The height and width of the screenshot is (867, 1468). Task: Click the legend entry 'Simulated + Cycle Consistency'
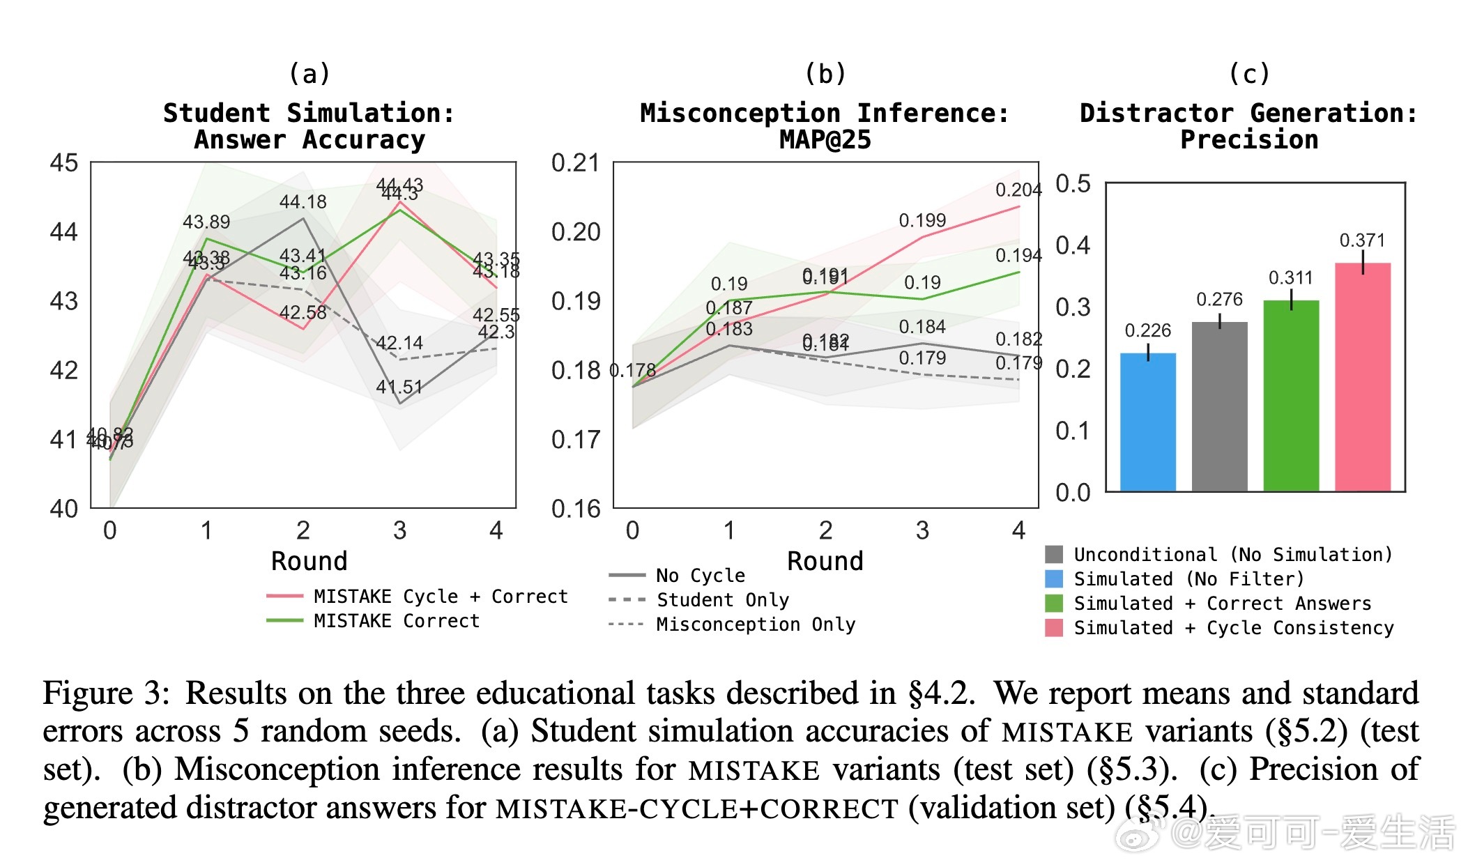[1233, 628]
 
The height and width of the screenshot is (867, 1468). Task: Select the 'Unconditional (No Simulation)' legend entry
[1232, 555]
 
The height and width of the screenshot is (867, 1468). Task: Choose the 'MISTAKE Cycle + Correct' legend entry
[441, 597]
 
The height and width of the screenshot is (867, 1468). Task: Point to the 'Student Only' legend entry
[723, 600]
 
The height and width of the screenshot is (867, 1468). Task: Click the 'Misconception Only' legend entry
[756, 624]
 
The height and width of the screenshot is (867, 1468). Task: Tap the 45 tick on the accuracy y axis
[63, 163]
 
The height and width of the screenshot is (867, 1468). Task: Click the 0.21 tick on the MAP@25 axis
[575, 163]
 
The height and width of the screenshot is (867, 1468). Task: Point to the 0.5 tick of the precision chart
[1072, 184]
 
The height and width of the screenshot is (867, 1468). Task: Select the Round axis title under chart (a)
[309, 561]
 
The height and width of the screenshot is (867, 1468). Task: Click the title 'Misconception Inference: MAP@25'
[825, 126]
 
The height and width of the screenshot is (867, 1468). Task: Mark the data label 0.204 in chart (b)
[1018, 190]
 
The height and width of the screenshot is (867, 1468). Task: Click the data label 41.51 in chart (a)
[399, 387]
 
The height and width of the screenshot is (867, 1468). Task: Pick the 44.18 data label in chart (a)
[303, 202]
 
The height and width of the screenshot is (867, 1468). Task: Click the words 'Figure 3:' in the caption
[106, 693]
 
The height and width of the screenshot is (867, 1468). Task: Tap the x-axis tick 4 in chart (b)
[1018, 531]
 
